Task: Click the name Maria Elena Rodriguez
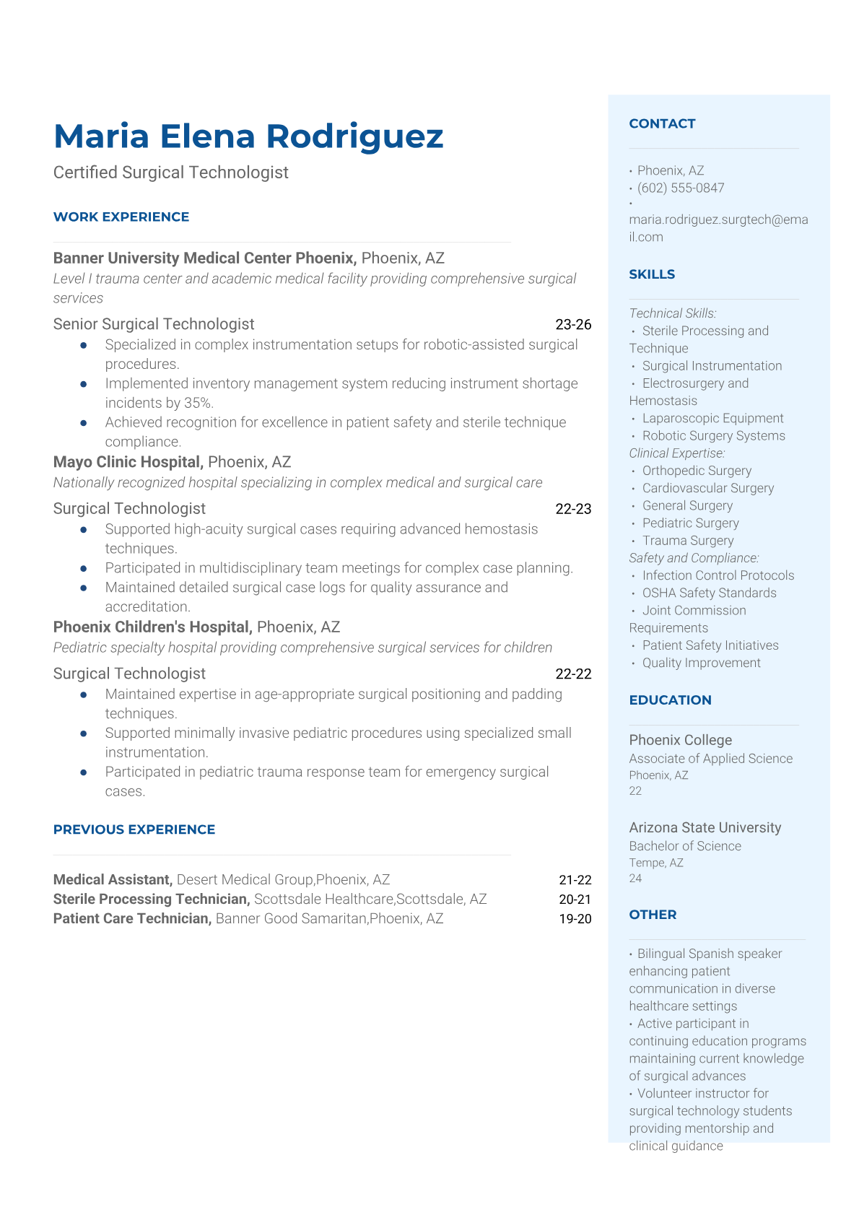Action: [x=248, y=136]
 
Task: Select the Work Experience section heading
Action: [x=121, y=217]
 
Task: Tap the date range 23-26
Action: [x=573, y=325]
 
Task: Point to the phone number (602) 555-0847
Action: [x=681, y=188]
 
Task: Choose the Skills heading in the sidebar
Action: [x=652, y=274]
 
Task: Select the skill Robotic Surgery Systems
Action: [x=713, y=435]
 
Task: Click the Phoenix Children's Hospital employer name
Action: [x=152, y=627]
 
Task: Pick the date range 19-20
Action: [x=575, y=919]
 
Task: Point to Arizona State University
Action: [x=705, y=827]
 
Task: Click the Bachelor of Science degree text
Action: [x=684, y=846]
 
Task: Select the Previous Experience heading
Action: [x=134, y=829]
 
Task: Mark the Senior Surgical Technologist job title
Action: [x=154, y=324]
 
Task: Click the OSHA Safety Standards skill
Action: [x=709, y=593]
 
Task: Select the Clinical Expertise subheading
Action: [x=676, y=453]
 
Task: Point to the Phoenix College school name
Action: [x=680, y=740]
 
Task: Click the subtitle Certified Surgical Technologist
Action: [x=171, y=173]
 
